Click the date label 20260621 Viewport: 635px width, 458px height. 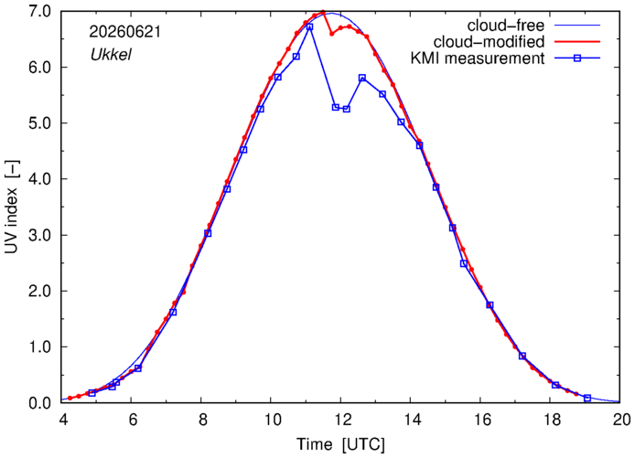[x=125, y=32]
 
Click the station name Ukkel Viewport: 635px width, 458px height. [x=111, y=55]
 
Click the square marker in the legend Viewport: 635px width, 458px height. [x=577, y=59]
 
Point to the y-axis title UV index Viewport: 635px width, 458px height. [x=12, y=208]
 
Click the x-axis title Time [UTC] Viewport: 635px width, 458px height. [x=340, y=444]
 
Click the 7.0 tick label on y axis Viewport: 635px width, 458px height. [x=39, y=11]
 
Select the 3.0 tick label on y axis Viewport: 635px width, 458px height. [x=39, y=235]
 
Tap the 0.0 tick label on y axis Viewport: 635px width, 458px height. [x=39, y=403]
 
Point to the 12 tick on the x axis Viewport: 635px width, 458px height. [x=340, y=420]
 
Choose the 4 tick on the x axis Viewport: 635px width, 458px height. [x=63, y=420]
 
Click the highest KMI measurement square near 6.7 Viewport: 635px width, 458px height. [x=310, y=27]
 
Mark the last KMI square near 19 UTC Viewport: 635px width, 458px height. [x=587, y=398]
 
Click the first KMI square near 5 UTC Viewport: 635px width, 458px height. [x=91, y=393]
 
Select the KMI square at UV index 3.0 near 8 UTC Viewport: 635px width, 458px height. [x=208, y=233]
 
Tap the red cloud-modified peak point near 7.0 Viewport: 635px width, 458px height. [x=323, y=12]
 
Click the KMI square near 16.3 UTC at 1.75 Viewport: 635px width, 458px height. [x=490, y=305]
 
